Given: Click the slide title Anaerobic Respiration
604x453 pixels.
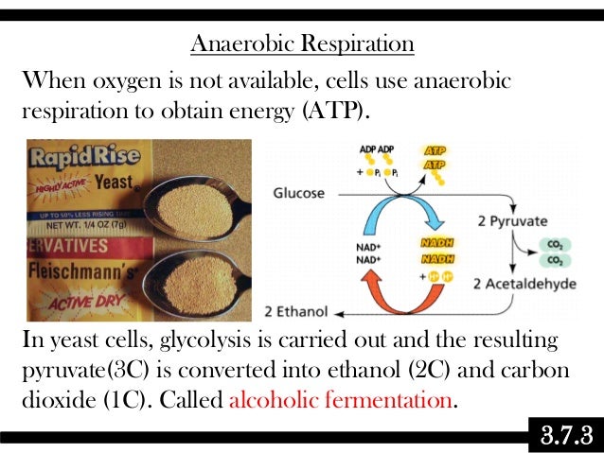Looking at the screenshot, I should [x=302, y=44].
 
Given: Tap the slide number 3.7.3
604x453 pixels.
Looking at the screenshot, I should [x=565, y=437].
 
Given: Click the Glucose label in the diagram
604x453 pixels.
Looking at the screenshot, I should [x=298, y=193].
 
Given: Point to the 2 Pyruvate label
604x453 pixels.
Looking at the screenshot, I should [x=512, y=221].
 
